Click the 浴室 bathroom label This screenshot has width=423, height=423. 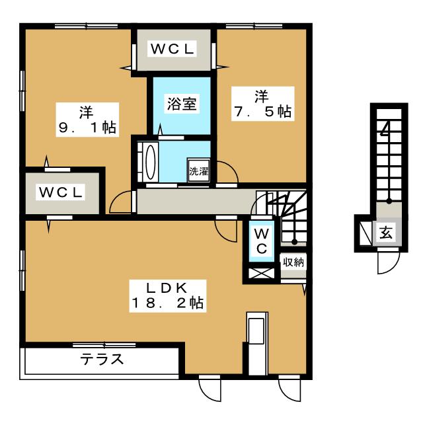pos(181,104)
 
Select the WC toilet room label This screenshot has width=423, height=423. pos(261,241)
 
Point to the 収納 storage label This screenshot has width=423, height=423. pos(293,262)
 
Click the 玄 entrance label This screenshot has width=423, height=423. pos(385,233)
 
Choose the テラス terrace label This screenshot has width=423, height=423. pos(102,360)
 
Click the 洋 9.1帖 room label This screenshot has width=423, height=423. pos(87,120)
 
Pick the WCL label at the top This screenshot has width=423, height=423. pos(172,49)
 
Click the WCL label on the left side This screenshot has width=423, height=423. pos(60,192)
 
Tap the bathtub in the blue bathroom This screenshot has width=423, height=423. pos(149,161)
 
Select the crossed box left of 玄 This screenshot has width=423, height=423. pos(365,233)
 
